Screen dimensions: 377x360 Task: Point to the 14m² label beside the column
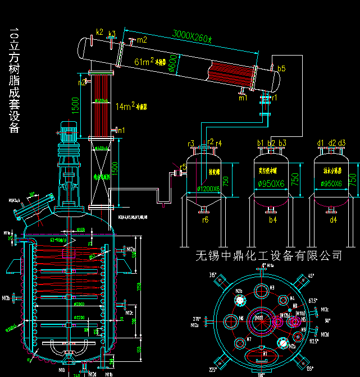pos(125,105)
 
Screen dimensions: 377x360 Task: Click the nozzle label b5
pos(281,68)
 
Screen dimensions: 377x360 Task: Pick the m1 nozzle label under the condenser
pos(243,98)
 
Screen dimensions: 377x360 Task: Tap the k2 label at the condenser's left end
pos(100,31)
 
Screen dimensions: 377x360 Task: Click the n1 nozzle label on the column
pos(121,130)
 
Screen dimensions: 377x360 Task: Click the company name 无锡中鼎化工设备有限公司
pos(268,256)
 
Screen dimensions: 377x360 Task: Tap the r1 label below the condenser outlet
pos(274,97)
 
